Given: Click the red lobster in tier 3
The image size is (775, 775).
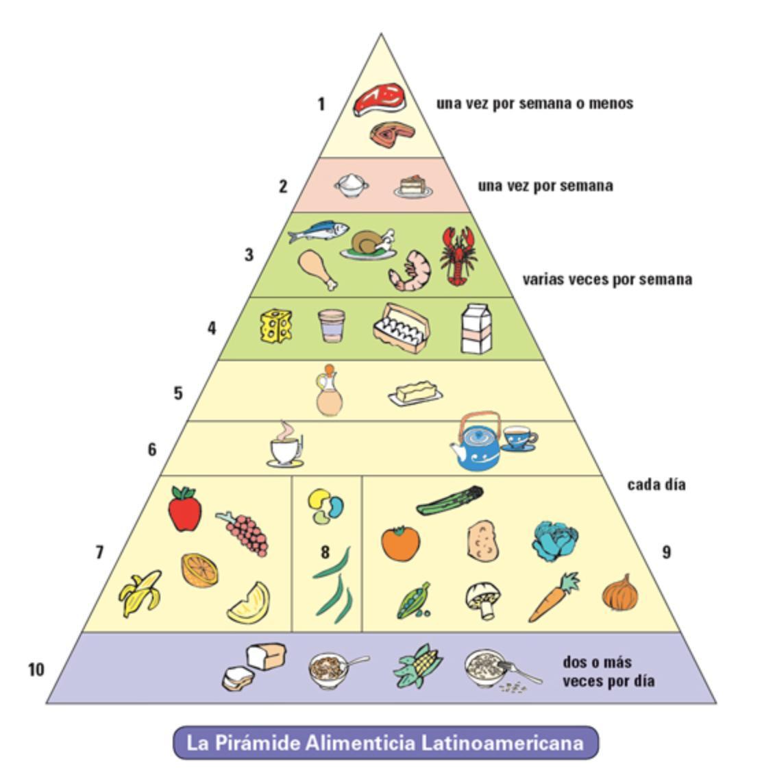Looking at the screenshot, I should (x=458, y=256).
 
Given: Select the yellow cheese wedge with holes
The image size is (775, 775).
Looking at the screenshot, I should (x=276, y=325).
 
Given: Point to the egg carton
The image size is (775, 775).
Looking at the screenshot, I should (x=402, y=328).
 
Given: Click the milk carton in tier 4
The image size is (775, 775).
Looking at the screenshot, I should (x=476, y=329).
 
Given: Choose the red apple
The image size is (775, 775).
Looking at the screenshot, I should (x=184, y=509).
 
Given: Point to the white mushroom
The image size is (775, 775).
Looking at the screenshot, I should (x=484, y=600).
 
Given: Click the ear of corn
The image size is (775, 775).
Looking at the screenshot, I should (x=418, y=665).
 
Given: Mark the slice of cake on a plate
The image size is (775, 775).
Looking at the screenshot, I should (x=413, y=186).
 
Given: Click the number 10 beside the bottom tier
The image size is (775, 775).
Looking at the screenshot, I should (x=36, y=669).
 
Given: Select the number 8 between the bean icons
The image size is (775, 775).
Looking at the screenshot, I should (x=325, y=552).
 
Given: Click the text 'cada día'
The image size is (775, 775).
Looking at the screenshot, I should (x=656, y=484).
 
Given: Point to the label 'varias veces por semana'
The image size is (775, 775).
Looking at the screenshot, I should (x=606, y=280).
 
